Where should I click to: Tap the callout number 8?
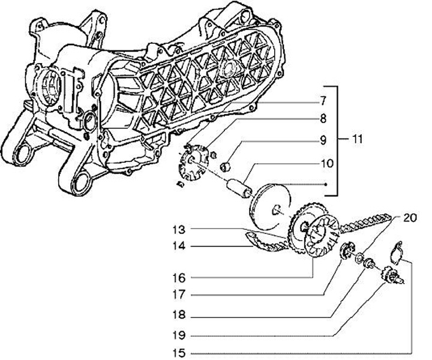coord(322,119)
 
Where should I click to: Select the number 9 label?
coord(322,141)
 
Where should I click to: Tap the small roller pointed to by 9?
coord(228,166)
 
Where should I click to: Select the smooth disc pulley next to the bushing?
coord(270,206)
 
